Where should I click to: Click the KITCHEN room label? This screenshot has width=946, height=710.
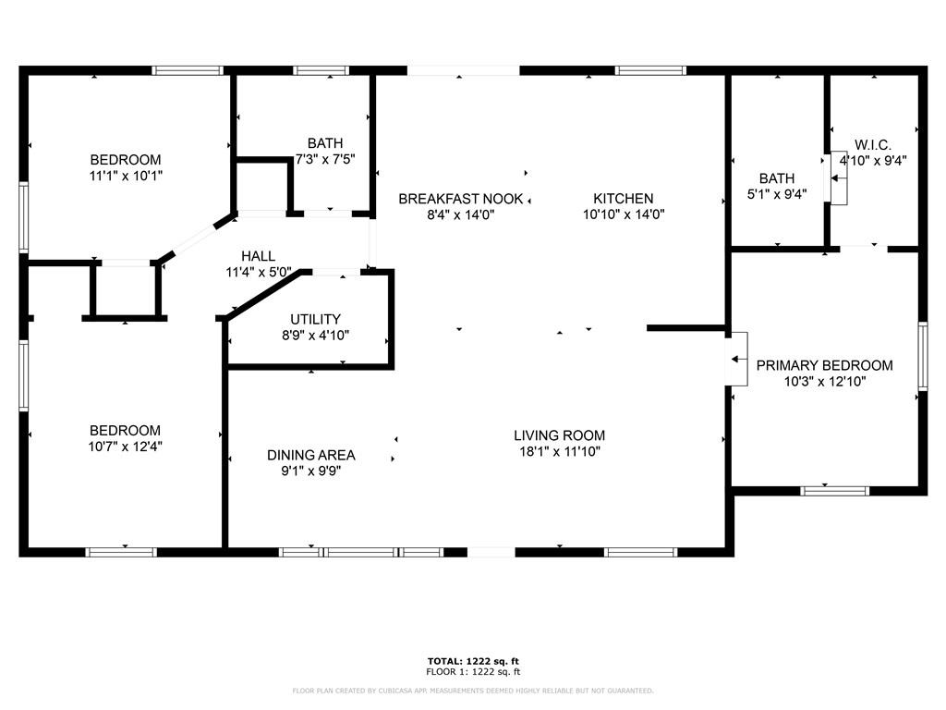[x=624, y=199]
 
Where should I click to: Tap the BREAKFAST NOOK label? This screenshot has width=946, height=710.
[x=460, y=199]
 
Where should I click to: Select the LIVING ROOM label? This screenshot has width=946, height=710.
[x=559, y=435]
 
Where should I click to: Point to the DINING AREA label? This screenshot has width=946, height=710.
[x=311, y=455]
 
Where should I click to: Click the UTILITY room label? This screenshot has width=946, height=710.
[x=316, y=319]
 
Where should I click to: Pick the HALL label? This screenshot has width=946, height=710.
[x=259, y=256]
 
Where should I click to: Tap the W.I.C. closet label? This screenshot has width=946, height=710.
[x=873, y=145]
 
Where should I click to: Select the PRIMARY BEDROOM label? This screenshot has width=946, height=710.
[x=825, y=365]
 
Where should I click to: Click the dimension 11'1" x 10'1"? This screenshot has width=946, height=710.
[x=126, y=176]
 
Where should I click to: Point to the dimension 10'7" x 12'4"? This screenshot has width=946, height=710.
[x=125, y=447]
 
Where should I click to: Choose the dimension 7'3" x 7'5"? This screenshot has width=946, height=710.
[x=325, y=159]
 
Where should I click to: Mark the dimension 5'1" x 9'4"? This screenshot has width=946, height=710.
[x=777, y=194]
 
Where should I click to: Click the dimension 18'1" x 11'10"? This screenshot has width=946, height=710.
[x=560, y=451]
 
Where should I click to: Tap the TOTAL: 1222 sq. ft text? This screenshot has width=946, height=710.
[x=473, y=661]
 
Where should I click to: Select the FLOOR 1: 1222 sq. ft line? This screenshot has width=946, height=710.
[x=473, y=671]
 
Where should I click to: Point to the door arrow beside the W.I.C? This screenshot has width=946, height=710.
[x=838, y=178]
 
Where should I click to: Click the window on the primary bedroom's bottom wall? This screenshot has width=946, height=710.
[x=834, y=491]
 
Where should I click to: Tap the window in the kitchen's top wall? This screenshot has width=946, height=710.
[x=650, y=70]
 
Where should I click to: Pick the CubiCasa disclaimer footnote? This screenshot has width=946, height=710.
[x=473, y=691]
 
